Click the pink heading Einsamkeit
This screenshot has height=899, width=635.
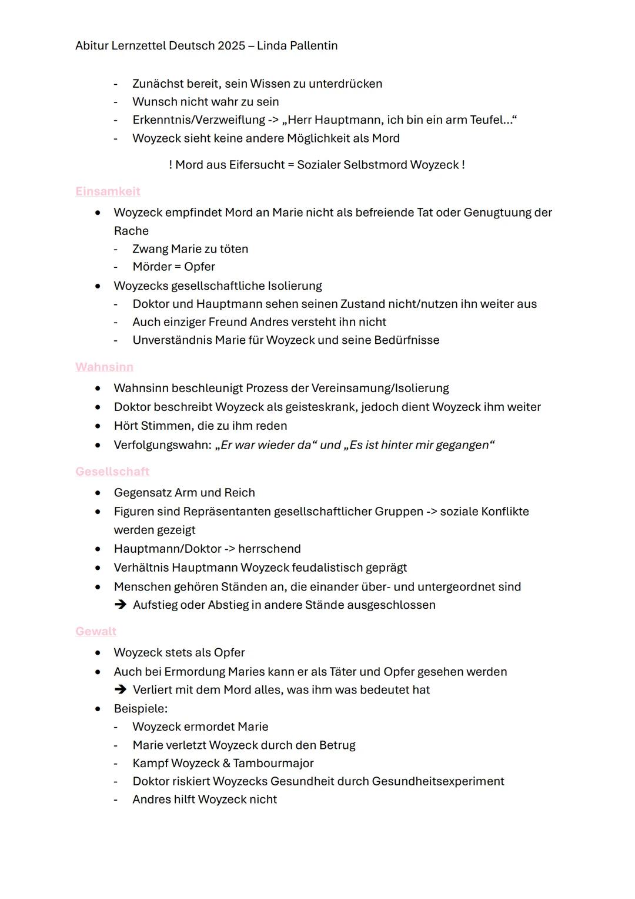pyautogui.click(x=108, y=191)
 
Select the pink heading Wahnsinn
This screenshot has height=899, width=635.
pyautogui.click(x=104, y=367)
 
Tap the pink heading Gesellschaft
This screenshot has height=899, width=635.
pyautogui.click(x=112, y=472)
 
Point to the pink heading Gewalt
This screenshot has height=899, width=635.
pyautogui.click(x=96, y=631)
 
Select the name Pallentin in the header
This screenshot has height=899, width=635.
pyautogui.click(x=312, y=46)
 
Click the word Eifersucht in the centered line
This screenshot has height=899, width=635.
pyautogui.click(x=256, y=165)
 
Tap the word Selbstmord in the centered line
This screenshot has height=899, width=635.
pyautogui.click(x=375, y=165)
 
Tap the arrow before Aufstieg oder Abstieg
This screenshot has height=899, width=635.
pyautogui.click(x=121, y=605)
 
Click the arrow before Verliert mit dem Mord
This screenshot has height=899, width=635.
pyautogui.click(x=121, y=689)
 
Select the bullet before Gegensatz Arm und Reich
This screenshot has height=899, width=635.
pyautogui.click(x=98, y=493)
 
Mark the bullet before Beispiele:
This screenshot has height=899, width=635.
pyautogui.click(x=98, y=709)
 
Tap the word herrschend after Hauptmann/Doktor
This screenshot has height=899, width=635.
pyautogui.click(x=269, y=549)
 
